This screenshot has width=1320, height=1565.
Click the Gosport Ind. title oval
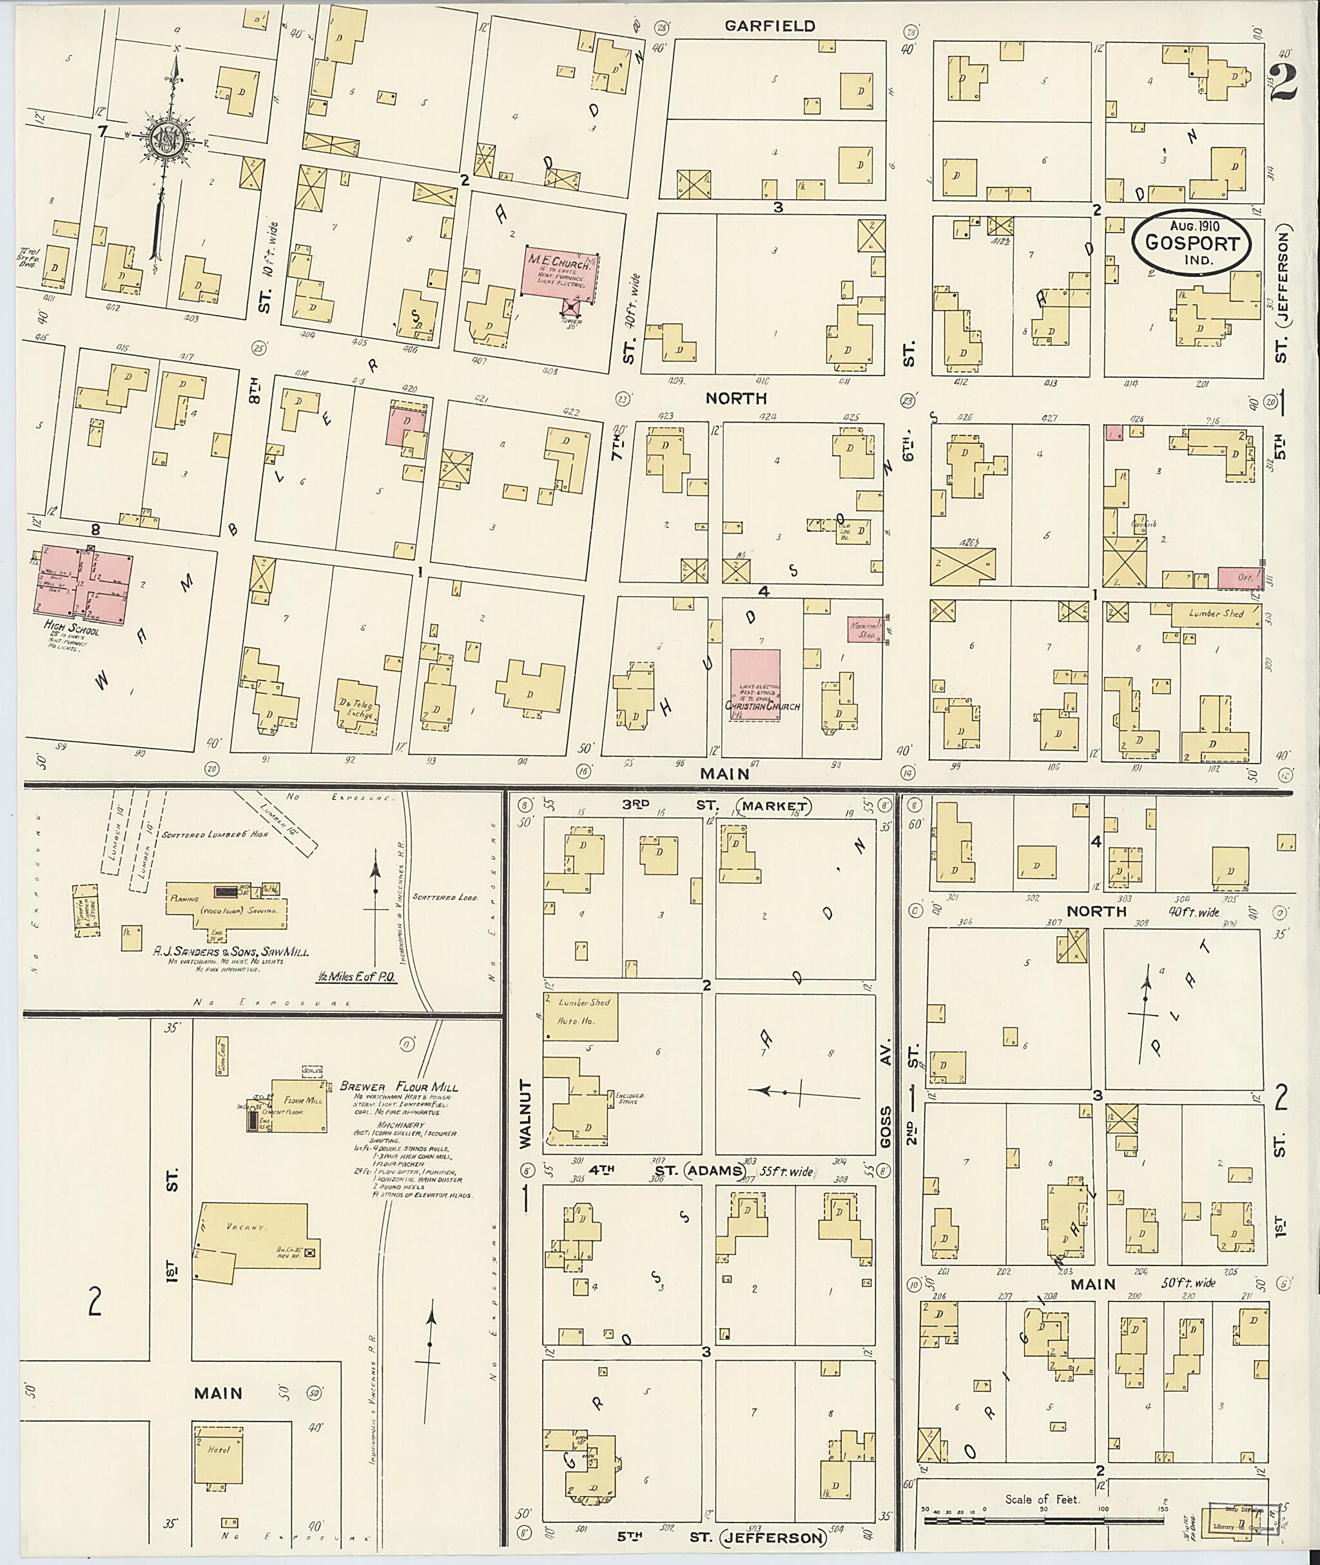pos(1190,243)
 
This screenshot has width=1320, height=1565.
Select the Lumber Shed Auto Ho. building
pos(580,1016)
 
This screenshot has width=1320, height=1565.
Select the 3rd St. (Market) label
pos(715,805)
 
